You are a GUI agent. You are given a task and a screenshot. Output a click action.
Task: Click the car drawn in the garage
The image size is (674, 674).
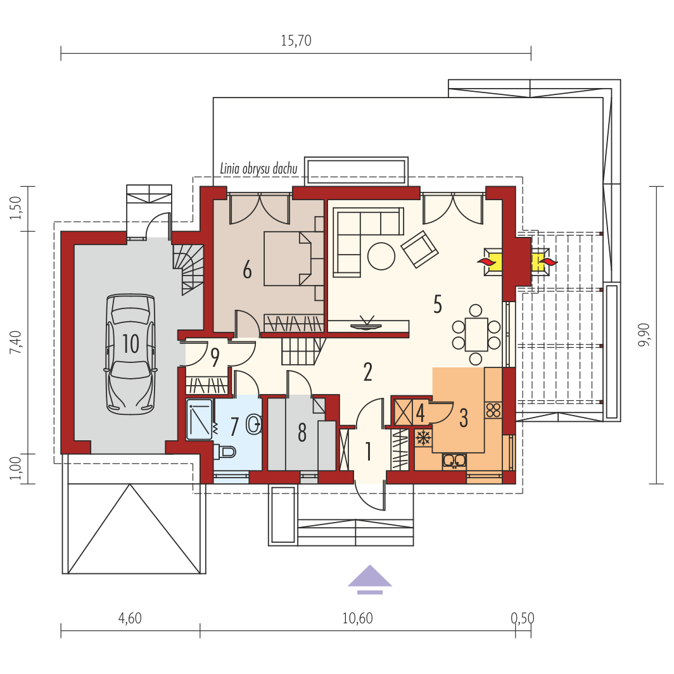coord(130,354)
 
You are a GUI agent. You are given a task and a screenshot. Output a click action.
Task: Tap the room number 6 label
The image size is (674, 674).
coord(247,270)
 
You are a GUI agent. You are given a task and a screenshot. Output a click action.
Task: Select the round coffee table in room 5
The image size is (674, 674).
coord(381,256)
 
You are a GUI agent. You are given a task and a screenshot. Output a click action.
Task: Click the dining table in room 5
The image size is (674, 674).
coord(476,334)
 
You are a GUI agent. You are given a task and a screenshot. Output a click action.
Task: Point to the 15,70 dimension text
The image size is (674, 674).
coord(296,41)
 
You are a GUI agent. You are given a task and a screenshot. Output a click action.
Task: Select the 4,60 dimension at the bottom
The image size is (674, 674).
coord(130,618)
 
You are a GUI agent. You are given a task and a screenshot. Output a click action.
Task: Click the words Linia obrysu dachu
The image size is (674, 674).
coord(258,168)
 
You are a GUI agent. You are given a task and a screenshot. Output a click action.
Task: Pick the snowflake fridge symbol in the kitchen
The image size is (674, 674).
coord(423,438)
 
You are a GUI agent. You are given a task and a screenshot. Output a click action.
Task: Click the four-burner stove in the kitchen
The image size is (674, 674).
coord(493,410)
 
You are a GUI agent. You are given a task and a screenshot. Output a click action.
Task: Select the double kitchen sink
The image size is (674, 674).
coord(454,461)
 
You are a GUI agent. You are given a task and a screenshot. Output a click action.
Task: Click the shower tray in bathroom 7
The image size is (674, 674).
coord(200,419)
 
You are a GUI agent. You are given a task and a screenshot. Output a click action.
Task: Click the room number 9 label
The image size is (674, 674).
coord(215,357)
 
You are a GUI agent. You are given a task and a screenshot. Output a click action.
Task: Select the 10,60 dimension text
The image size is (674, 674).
coord(358,618)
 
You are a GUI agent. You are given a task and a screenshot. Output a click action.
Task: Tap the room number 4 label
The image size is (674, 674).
coord(421,414)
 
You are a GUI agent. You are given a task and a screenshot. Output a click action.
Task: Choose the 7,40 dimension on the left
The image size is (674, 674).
coord(16,342)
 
